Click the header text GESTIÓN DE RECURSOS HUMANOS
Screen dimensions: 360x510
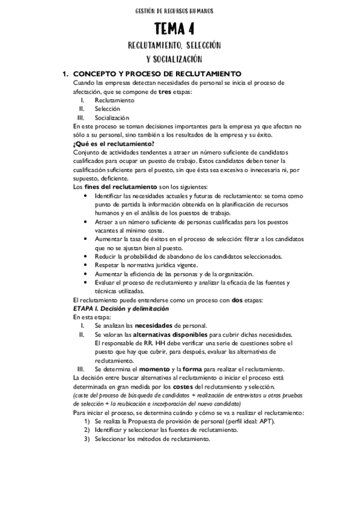point(180,11)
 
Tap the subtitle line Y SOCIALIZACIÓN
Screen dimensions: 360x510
point(174,59)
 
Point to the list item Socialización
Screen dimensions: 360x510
point(111,118)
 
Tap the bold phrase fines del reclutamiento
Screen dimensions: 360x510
point(123,187)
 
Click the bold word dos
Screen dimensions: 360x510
point(237,300)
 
